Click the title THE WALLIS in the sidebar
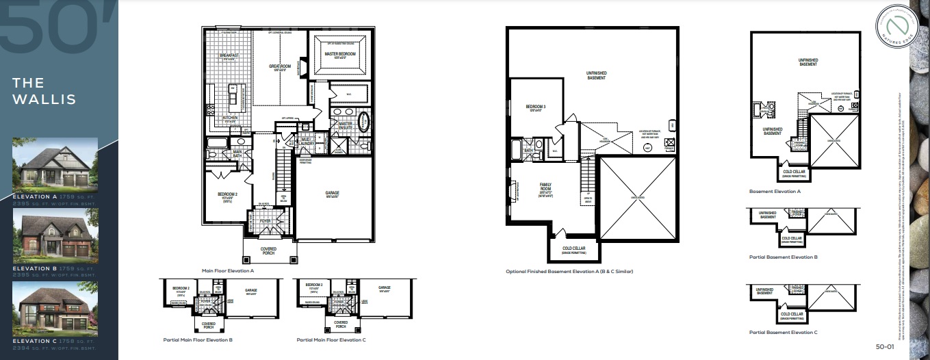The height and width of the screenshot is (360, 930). [44, 91]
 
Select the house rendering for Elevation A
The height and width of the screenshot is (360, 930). [55, 168]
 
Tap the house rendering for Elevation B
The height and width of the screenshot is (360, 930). [55, 237]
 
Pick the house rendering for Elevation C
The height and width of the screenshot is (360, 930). [55, 308]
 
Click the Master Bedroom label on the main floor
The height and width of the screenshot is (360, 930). [339, 53]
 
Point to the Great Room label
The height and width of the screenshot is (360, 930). [281, 66]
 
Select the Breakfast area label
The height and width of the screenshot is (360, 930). [228, 55]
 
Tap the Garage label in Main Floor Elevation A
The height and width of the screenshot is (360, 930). [333, 194]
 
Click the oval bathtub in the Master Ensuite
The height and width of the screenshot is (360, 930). [363, 126]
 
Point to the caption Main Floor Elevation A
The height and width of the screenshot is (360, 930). [233, 271]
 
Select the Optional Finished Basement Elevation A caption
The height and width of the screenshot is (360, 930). [569, 272]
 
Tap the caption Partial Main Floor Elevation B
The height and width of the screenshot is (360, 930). [198, 339]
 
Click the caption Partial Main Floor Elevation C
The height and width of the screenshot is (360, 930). [331, 339]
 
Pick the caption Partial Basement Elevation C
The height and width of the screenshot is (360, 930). [783, 332]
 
